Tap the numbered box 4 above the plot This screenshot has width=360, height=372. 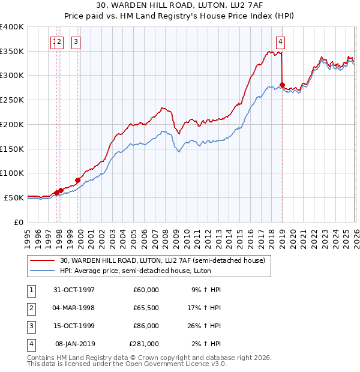pyautogui.click(x=280, y=41)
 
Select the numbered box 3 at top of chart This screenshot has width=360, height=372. pyautogui.click(x=76, y=41)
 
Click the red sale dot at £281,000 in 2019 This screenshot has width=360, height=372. pyautogui.click(x=283, y=85)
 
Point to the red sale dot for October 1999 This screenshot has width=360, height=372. pyautogui.click(x=78, y=179)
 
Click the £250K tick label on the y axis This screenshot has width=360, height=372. pyautogui.click(x=12, y=100)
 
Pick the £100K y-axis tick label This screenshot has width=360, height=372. pyautogui.click(x=12, y=173)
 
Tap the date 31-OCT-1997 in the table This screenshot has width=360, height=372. pyautogui.click(x=74, y=290)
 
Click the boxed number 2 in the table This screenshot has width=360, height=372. pyautogui.click(x=31, y=308)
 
